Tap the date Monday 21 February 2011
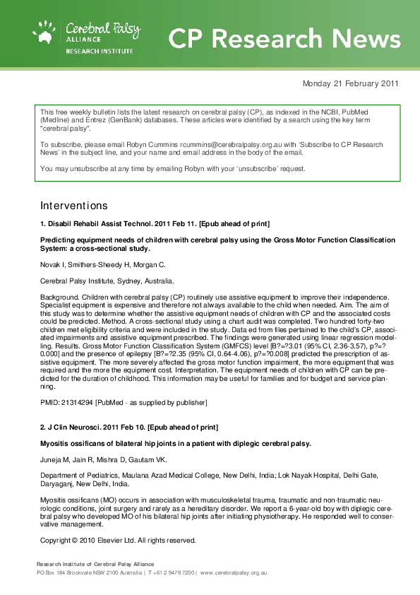pyautogui.click(x=350, y=83)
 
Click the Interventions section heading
pyautogui.click(x=74, y=206)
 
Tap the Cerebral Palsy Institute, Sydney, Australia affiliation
pyautogui.click(x=97, y=281)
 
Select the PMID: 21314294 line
pyautogui.click(x=124, y=402)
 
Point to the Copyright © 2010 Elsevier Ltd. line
pyautogui.click(x=117, y=541)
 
